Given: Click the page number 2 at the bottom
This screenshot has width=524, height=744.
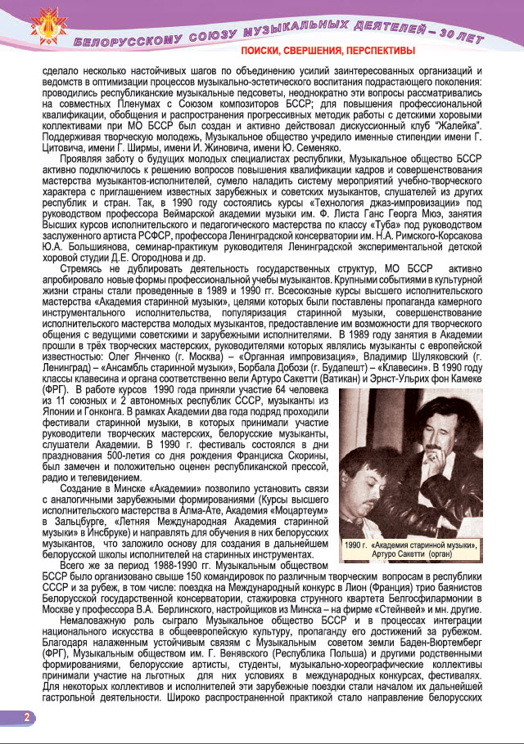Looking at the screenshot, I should pos(26,717).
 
